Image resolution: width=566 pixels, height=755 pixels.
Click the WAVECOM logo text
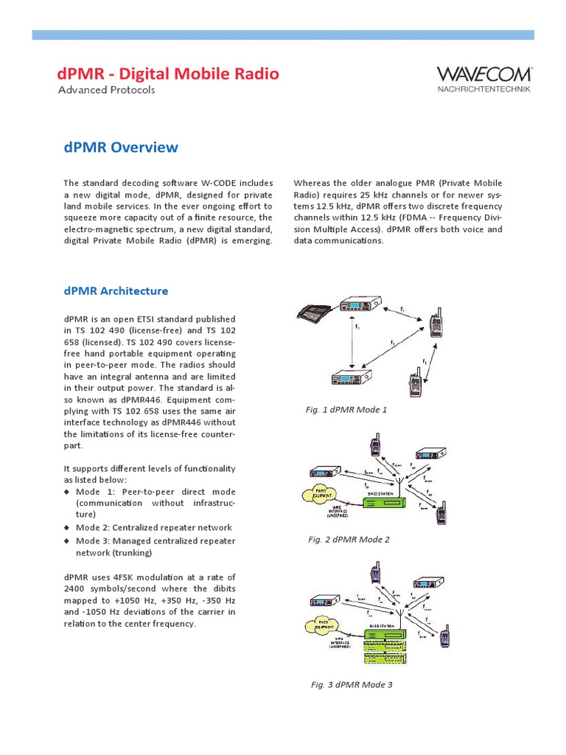(484, 74)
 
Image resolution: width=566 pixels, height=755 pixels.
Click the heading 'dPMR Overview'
(121, 147)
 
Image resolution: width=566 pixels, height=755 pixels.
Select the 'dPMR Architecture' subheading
(116, 291)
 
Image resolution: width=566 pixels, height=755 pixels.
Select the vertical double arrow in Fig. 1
(354, 343)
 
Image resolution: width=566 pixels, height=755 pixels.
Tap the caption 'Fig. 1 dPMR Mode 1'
(346, 409)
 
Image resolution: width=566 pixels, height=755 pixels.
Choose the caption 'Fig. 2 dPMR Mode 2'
(349, 539)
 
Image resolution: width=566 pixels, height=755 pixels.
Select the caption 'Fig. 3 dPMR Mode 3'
(352, 685)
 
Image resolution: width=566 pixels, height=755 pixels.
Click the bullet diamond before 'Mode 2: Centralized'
(66, 528)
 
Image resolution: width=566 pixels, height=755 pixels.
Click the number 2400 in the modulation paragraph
(75, 589)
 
